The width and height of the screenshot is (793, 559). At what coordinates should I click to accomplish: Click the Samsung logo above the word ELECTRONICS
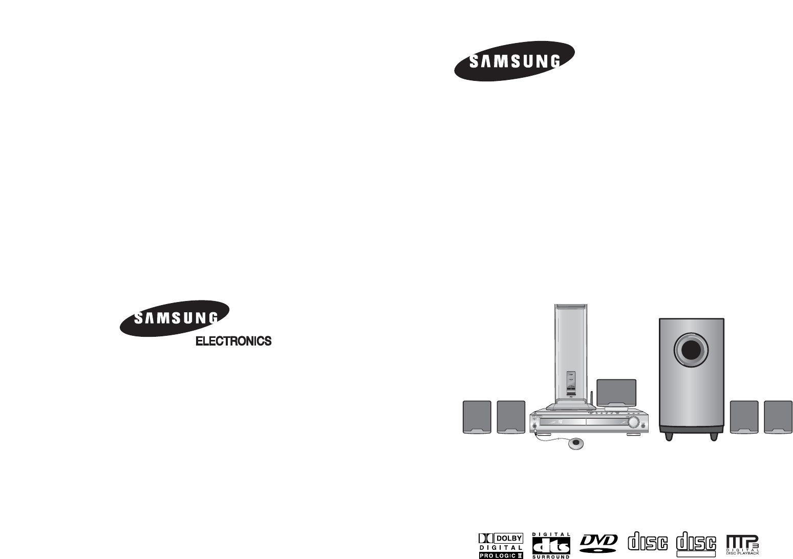175,319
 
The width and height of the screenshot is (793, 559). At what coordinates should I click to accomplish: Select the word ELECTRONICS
234,341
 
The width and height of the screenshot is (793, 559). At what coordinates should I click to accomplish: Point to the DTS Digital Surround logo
551,546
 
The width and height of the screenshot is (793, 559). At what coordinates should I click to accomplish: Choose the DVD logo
599,543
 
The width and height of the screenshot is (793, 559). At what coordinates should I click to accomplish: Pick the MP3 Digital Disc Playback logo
742,545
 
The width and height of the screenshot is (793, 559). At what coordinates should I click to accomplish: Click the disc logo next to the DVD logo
648,543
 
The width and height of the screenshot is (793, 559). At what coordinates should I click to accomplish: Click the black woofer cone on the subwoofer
691,351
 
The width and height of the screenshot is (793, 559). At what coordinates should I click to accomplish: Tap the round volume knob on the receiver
634,422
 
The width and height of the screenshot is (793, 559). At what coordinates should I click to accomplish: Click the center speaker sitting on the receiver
616,393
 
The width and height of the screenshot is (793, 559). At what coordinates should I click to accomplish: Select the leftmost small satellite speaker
477,416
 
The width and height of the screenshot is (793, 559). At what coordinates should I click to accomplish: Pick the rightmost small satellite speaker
778,416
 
